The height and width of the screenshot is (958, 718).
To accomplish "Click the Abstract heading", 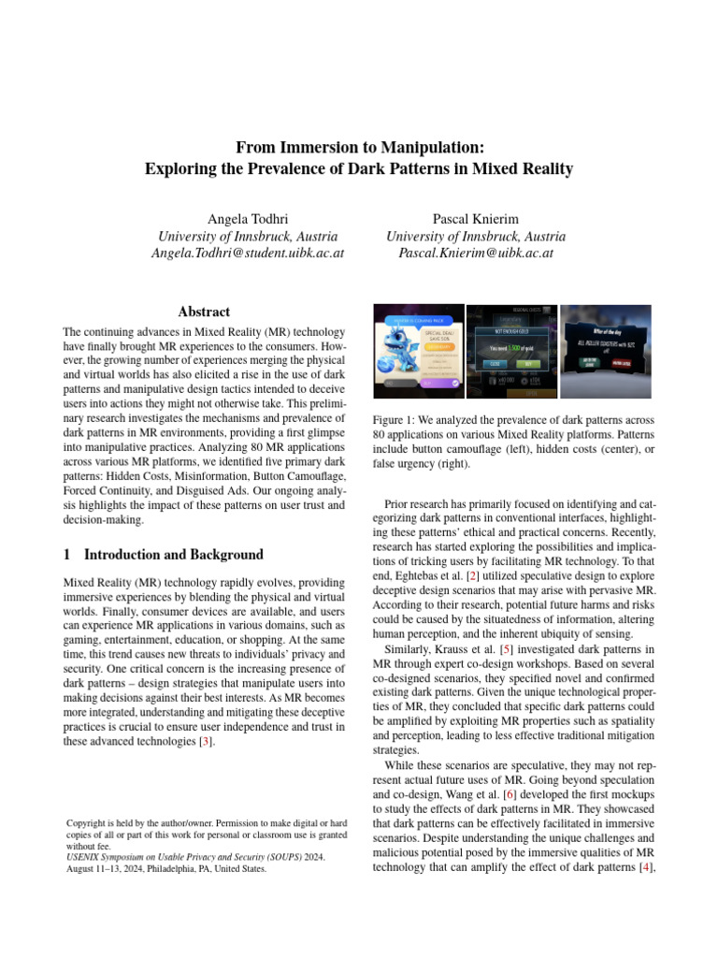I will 204,312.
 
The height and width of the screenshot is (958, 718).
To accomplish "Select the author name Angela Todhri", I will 248,219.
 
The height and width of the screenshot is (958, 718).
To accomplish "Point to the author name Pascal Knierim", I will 476,219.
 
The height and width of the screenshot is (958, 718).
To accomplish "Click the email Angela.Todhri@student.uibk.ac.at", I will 248,254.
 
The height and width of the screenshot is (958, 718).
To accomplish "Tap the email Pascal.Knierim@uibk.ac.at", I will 476,254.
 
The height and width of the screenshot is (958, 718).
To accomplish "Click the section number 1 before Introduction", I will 66,555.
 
